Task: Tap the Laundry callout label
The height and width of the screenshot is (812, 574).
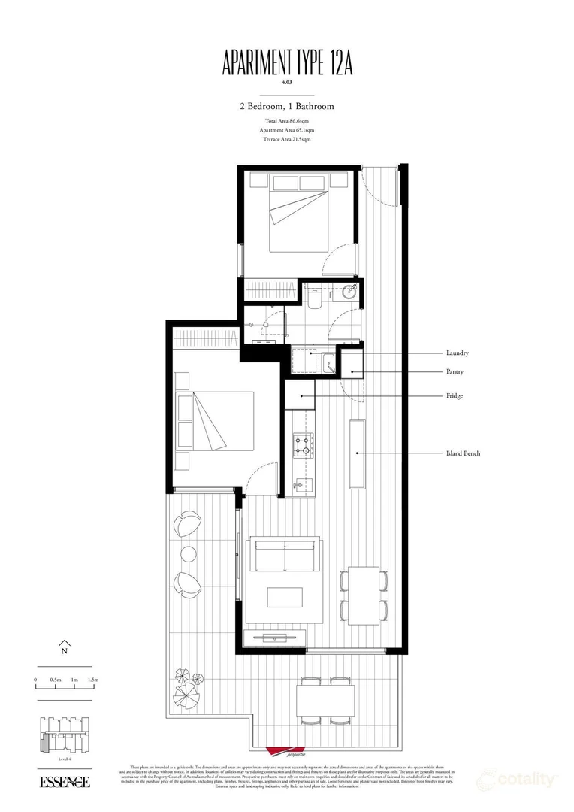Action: tap(458, 353)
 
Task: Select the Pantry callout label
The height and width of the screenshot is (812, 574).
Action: tap(455, 372)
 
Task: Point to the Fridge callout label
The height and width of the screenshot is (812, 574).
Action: tap(454, 395)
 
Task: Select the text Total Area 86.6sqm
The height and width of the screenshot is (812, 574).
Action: tap(286, 121)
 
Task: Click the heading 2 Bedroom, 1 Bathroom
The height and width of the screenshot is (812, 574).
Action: tap(286, 106)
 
